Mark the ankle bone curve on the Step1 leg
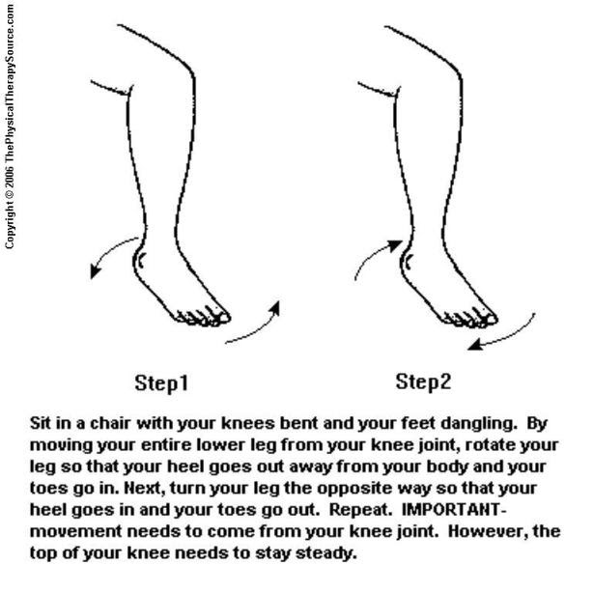[142, 259]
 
